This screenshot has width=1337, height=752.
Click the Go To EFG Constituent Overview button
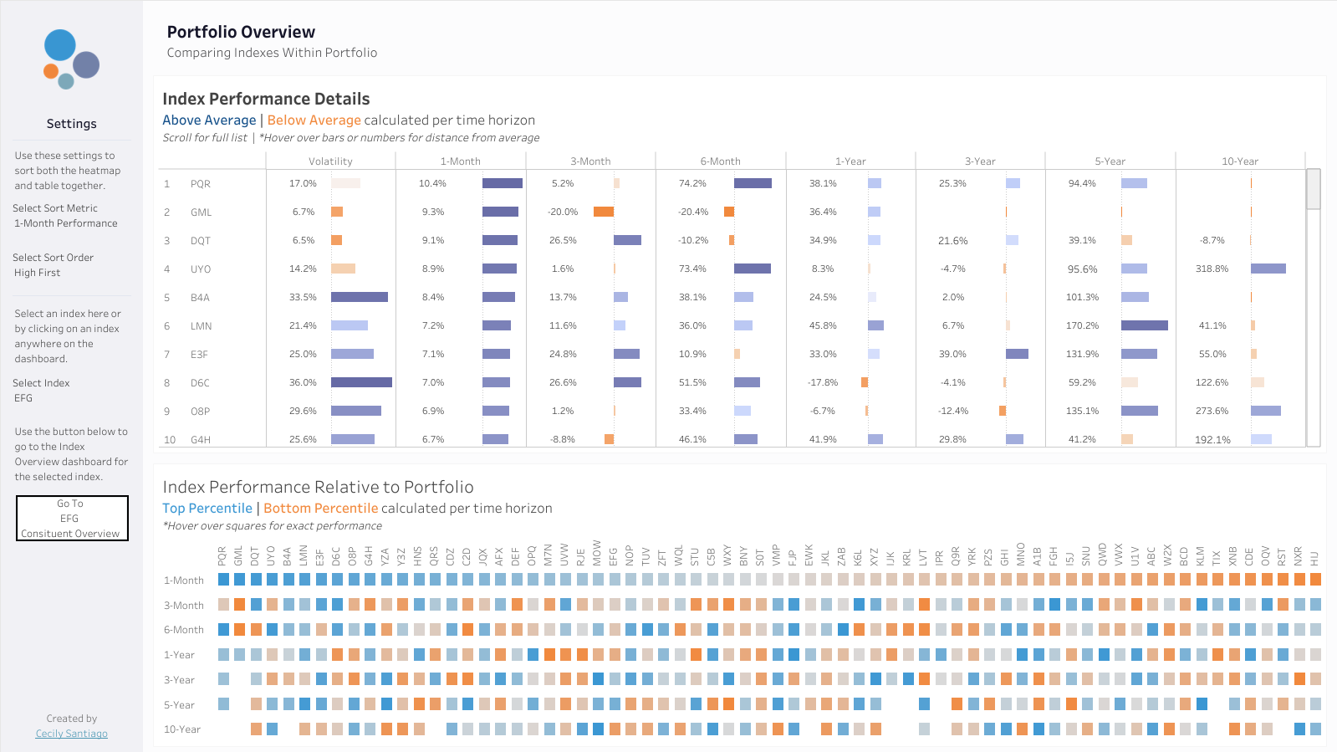point(72,518)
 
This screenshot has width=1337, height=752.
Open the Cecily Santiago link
point(72,734)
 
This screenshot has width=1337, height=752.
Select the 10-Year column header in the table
point(1240,161)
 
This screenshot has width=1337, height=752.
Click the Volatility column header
point(330,161)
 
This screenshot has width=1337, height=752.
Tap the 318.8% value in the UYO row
point(1212,269)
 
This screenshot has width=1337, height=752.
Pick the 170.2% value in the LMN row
point(1082,325)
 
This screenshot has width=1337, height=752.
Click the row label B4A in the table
point(200,298)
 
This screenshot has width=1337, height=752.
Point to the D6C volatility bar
point(362,382)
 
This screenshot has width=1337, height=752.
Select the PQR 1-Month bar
point(503,183)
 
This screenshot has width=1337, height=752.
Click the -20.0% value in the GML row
point(563,212)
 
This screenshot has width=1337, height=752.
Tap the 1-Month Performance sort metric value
point(66,223)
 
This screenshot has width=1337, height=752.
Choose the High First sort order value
point(37,273)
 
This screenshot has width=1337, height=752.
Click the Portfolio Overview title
point(241,32)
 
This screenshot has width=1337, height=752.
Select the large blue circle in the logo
point(59,45)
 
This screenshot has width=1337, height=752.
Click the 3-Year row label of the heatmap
point(179,680)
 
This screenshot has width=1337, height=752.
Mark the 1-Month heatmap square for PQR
point(224,580)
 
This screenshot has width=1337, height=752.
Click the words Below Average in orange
point(314,120)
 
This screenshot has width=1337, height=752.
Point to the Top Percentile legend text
point(207,509)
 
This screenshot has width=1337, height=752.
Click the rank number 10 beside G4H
point(170,440)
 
